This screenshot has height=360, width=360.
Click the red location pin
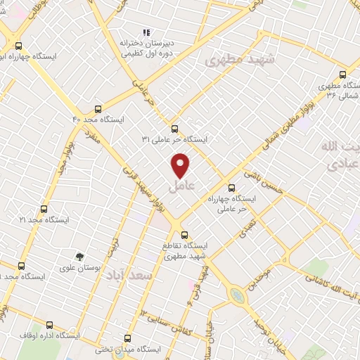coord(181,165)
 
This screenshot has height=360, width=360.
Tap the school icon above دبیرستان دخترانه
coord(146,32)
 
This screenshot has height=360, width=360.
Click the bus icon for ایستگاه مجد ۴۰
coord(98,109)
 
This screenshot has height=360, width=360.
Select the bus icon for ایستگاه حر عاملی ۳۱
coord(174,128)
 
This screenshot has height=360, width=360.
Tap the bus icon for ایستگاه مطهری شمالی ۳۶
coord(343,75)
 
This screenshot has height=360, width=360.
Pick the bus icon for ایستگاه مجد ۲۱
coord(44,209)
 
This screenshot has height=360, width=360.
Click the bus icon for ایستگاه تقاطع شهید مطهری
coord(185,235)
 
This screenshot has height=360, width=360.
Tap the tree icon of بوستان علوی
coord(81,257)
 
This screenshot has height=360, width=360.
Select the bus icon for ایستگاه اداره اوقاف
coord(49,325)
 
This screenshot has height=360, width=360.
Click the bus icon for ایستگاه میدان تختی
coord(127,337)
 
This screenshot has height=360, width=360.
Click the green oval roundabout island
coord(241,296)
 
